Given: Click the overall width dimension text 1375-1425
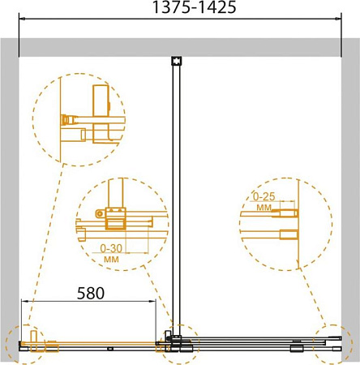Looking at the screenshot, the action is pyautogui.click(x=195, y=7).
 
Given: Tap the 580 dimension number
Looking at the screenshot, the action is pyautogui.click(x=91, y=293).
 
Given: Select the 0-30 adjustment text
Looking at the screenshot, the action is pyautogui.click(x=111, y=248).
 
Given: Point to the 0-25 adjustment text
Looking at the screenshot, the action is pyautogui.click(x=264, y=196).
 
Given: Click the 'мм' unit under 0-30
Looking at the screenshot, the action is pyautogui.click(x=111, y=260).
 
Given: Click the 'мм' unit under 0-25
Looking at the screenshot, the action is pyautogui.click(x=264, y=208).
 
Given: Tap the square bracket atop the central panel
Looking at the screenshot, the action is pyautogui.click(x=177, y=61).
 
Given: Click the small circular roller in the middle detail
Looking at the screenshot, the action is pyautogui.click(x=100, y=214).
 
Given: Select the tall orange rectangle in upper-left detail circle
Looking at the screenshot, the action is pyautogui.click(x=101, y=101).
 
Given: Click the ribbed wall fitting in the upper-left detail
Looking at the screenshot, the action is pyautogui.click(x=65, y=120).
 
